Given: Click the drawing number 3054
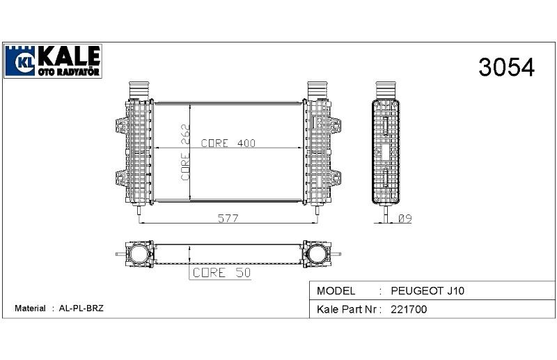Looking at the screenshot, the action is [x=506, y=67].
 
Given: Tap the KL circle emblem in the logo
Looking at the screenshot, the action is [x=25, y=63].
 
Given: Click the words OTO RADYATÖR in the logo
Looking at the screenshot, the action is [x=68, y=72].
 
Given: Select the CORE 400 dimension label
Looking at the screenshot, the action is [x=228, y=143].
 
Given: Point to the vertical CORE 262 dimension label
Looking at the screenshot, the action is [x=185, y=152].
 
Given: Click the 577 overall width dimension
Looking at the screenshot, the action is [x=228, y=218].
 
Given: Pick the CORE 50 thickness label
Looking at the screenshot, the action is [x=221, y=272].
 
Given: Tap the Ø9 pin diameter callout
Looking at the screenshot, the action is [x=405, y=218].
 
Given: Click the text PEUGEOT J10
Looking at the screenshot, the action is [x=427, y=290].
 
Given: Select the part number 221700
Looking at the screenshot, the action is [x=409, y=309].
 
